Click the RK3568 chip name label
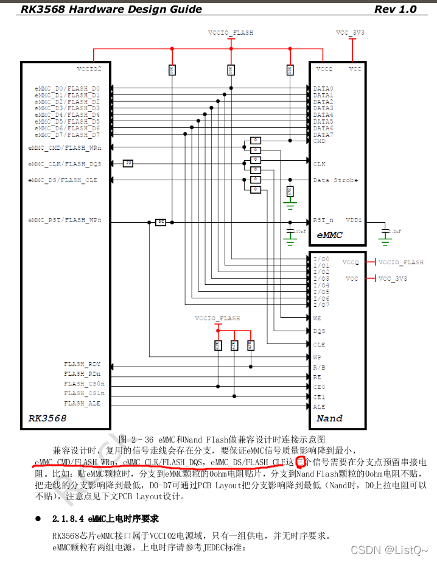(x=47, y=418)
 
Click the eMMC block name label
(x=329, y=234)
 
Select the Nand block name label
(x=329, y=418)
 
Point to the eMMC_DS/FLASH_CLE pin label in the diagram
(x=63, y=180)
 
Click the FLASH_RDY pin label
(x=82, y=364)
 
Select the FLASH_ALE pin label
(x=82, y=403)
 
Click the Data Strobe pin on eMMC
(x=335, y=180)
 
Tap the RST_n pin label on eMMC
(x=323, y=220)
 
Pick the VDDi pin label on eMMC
(x=354, y=220)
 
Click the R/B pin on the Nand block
(x=319, y=367)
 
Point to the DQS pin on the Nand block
(x=319, y=331)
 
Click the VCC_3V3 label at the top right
(x=350, y=32)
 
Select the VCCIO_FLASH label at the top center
(x=231, y=32)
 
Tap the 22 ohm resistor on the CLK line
(x=128, y=163)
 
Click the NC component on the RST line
(x=161, y=222)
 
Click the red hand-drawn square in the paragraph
(x=299, y=462)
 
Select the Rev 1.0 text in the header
(x=395, y=9)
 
